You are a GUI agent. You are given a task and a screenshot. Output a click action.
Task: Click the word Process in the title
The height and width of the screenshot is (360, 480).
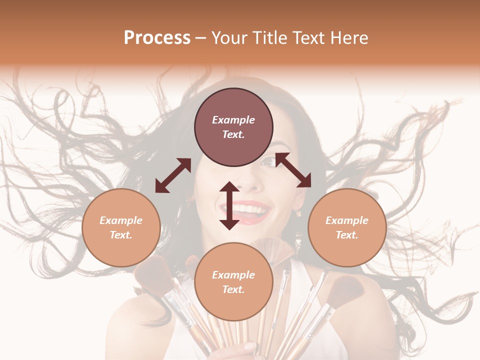[157, 37]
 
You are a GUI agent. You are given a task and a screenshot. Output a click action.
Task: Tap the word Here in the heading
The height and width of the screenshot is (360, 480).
[348, 37]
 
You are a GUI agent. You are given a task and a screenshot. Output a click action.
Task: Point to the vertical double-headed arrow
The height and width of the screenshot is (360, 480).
[229, 205]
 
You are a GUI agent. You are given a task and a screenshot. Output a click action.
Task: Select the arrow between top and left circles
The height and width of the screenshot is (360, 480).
[173, 175]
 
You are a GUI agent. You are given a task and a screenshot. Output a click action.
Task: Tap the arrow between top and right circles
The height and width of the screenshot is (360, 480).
[293, 170]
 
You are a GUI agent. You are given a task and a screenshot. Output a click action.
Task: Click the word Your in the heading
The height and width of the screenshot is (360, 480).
[229, 37]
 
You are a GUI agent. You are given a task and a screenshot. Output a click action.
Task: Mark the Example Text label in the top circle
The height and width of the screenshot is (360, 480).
[233, 127]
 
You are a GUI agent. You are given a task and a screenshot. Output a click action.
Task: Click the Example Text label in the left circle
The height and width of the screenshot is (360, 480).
[121, 227]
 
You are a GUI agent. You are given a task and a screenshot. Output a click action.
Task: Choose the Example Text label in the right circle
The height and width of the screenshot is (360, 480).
[347, 227]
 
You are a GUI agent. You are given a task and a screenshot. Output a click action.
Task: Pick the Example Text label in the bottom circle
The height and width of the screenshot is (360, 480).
[233, 282]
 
